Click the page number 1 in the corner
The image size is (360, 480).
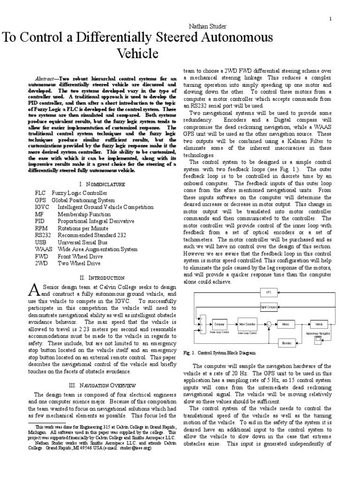click(330, 19)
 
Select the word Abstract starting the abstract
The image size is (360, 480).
click(45, 78)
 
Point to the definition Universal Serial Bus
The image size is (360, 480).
click(82, 242)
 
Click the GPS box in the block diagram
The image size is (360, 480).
click(269, 292)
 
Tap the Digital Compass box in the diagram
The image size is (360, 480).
click(269, 307)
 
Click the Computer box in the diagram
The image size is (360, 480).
click(219, 324)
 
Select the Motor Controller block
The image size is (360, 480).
click(247, 324)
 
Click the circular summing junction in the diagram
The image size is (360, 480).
click(269, 324)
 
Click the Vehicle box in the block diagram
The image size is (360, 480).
click(318, 324)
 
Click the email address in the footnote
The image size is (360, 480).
click(134, 447)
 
